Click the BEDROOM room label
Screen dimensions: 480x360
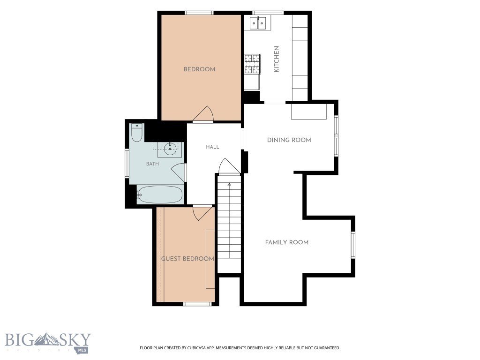click(x=199, y=69)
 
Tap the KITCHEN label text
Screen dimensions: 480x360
click(x=277, y=59)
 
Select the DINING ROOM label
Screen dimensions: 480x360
click(x=289, y=140)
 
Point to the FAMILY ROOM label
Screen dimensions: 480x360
click(x=287, y=242)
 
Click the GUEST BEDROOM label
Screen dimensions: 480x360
click(x=187, y=259)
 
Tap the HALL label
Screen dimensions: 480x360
click(x=212, y=147)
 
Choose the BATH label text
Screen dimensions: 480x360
click(x=152, y=164)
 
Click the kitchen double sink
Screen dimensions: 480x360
click(x=258, y=23)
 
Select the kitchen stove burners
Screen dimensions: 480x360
click(x=252, y=64)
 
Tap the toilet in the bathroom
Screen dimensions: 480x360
click(x=136, y=133)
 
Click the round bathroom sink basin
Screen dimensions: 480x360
click(x=170, y=149)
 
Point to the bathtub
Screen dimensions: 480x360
click(x=159, y=195)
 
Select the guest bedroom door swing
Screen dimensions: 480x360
click(x=202, y=213)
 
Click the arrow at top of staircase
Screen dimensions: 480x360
click(x=229, y=184)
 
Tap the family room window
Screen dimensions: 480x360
click(x=353, y=245)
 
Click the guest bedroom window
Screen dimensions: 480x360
click(x=197, y=304)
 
